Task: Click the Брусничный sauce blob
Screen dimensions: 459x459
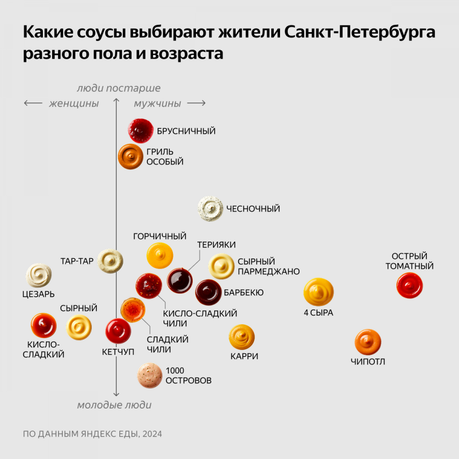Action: click(141, 131)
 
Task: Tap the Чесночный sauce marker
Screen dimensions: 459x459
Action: click(211, 209)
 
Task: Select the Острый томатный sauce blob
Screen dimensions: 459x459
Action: click(410, 286)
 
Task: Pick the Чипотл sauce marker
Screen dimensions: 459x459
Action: click(368, 342)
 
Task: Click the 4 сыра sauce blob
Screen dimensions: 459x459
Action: click(318, 291)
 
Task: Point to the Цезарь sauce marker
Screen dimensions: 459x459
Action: click(39, 275)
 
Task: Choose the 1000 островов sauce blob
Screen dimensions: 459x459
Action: click(150, 375)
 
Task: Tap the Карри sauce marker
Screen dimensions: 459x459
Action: click(242, 337)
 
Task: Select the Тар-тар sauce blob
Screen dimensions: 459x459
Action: click(110, 261)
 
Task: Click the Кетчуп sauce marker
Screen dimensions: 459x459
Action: click(118, 331)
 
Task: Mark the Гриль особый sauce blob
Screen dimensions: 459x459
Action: click(131, 157)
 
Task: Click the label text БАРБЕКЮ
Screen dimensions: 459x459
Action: click(243, 293)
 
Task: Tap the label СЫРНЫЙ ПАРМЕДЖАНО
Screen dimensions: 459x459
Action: click(268, 267)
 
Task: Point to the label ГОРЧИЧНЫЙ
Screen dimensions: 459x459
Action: click(160, 236)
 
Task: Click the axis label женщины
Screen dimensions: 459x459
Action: click(74, 104)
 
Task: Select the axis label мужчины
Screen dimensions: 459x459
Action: click(158, 104)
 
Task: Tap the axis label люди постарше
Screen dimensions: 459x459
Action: click(118, 88)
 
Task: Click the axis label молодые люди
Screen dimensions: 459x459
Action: click(114, 405)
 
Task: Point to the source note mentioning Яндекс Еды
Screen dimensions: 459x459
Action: click(92, 434)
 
